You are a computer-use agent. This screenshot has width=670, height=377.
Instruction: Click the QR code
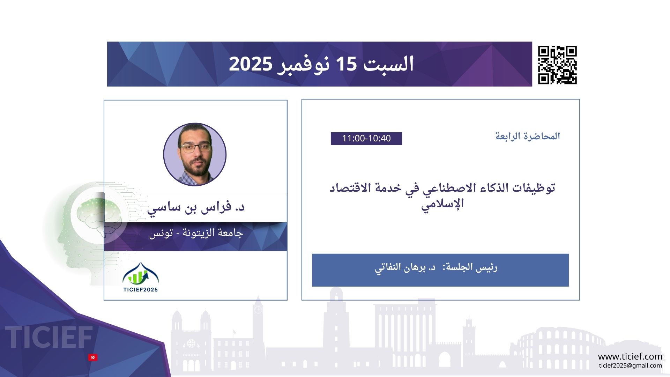click(x=557, y=65)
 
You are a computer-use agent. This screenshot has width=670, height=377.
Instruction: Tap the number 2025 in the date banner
click(x=250, y=64)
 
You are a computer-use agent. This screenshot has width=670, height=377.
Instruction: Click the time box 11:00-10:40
click(x=366, y=139)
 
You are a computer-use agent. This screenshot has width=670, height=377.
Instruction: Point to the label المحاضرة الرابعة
click(x=528, y=136)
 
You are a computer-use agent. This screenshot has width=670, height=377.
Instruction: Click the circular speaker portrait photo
click(x=195, y=154)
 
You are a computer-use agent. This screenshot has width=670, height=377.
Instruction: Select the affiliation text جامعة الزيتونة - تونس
click(x=196, y=233)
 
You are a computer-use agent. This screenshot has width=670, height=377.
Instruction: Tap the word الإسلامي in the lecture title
click(x=442, y=204)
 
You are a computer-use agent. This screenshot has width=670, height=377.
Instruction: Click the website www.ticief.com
click(x=630, y=356)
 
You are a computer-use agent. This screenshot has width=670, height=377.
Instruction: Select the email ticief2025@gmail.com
click(x=631, y=365)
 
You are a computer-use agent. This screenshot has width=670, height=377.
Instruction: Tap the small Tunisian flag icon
click(x=93, y=357)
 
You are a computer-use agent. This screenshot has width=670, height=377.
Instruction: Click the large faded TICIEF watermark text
click(x=49, y=337)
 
